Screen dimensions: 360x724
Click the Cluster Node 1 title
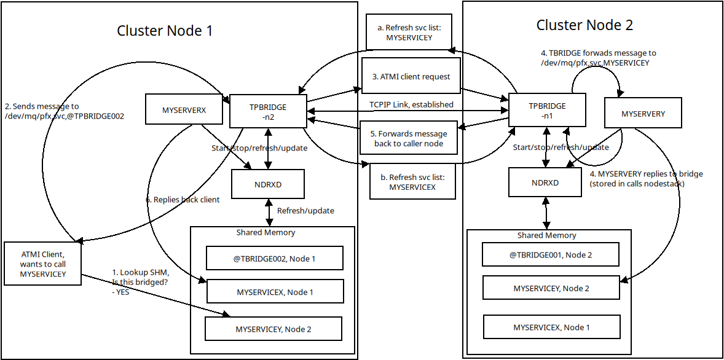165,31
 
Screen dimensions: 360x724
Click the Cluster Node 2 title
584,25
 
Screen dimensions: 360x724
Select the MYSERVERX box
184,111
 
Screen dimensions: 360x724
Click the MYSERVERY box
643,114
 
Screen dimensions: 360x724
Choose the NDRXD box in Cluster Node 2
545,182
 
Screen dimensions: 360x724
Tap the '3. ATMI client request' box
411,77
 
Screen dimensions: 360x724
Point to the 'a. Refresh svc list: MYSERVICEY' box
409,33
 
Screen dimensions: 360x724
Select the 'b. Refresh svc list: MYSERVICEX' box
412,182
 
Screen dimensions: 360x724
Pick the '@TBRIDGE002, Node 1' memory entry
274,259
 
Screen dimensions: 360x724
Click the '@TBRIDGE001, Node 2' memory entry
551,254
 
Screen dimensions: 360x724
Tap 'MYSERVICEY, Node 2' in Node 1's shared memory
273,329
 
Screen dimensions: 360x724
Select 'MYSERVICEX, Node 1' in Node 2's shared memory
551,327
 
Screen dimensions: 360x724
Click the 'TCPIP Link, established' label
411,104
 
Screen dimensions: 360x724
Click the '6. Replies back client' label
183,200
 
